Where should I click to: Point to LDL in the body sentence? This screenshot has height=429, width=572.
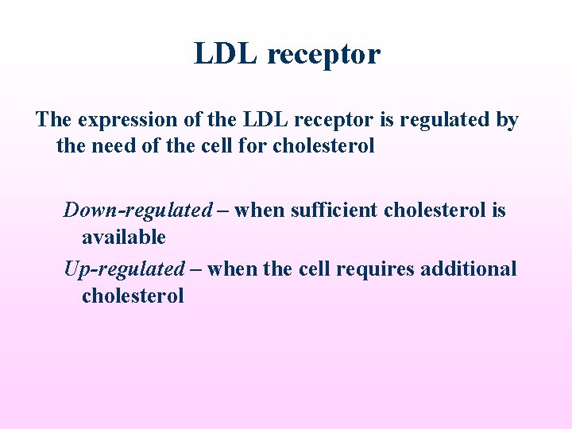(267, 120)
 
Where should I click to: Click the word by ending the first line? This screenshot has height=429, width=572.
(506, 121)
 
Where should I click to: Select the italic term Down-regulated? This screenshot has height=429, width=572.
(138, 211)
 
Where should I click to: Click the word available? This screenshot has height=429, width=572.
(124, 237)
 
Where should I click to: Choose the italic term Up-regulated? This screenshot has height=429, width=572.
(124, 269)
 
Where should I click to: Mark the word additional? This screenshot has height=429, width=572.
(469, 269)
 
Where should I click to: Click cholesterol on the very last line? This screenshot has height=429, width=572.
(133, 296)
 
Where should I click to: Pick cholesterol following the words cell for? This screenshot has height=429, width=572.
(323, 147)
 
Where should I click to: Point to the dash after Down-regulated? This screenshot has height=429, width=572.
(223, 211)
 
